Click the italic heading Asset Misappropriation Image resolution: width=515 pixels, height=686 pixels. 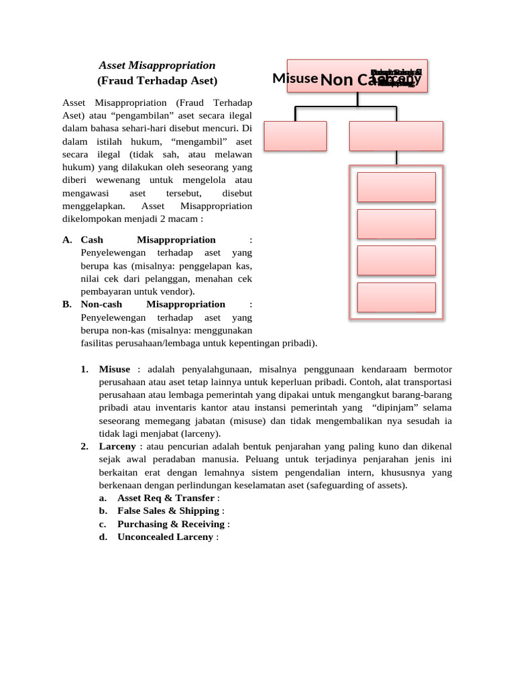pos(157,66)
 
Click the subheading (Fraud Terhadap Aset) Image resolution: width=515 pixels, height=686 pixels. pos(157,81)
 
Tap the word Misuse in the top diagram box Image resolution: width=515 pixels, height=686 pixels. pos(295,78)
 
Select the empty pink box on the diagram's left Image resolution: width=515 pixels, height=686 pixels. pos(295,136)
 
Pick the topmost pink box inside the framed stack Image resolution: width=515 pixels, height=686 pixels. pos(396,187)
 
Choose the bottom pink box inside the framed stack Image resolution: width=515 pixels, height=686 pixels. pos(396,297)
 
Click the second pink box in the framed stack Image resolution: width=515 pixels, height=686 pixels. pos(396,224)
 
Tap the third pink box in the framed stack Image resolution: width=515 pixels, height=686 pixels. pos(396,261)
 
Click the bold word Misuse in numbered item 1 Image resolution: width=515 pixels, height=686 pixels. pos(115,369)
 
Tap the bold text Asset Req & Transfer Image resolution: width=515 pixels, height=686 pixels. pos(166,498)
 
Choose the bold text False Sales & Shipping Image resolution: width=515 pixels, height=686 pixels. pos(168,510)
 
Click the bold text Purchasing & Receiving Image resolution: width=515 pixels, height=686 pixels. pos(171,524)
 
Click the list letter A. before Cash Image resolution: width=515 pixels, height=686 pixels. pos(67,240)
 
